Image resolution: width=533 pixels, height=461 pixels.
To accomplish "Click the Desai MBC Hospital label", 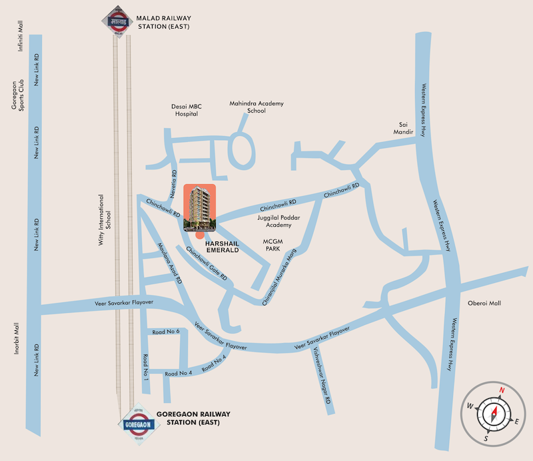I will point(187,109).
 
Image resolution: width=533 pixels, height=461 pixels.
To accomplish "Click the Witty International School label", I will point(104,220).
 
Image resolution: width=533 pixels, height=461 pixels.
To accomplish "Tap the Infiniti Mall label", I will point(21,36).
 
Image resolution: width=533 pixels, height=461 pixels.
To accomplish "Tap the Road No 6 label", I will point(166,332).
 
